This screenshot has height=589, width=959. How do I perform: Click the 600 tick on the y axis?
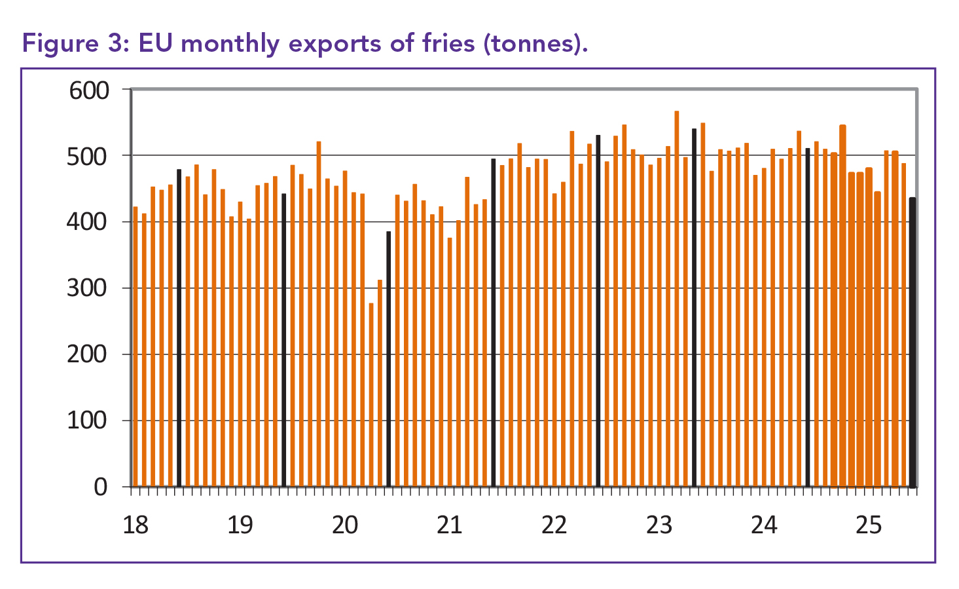pos(89,90)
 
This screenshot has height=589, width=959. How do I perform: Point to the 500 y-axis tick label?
pos(89,157)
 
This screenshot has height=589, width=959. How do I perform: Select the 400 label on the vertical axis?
pos(89,223)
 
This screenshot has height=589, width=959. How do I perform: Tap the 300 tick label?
pos(89,288)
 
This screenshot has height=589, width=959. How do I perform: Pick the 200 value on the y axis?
pos(89,354)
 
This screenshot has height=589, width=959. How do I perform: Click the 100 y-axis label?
pos(89,421)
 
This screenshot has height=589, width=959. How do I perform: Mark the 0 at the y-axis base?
pos(100,487)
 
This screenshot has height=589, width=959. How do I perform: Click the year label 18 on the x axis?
pos(136,525)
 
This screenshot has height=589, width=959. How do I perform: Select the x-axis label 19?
pos(240,525)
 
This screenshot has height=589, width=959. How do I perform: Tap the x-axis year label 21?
pos(450,525)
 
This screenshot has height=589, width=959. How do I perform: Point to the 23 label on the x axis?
pos(659,525)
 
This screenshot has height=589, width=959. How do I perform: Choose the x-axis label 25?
pos(869,525)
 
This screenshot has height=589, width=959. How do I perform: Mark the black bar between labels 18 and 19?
pos(179,328)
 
